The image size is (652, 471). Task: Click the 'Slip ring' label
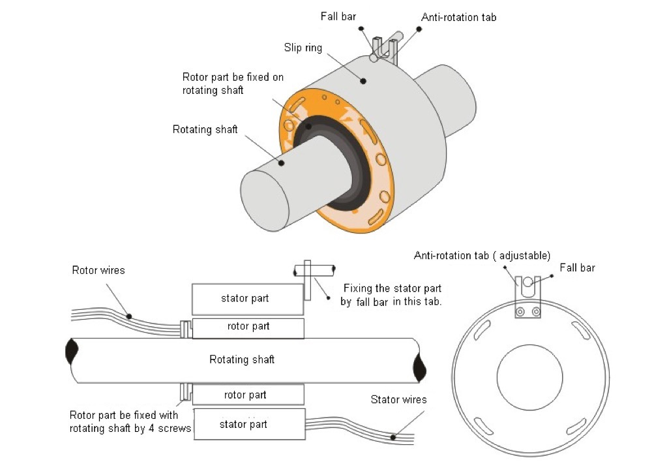[x=303, y=48]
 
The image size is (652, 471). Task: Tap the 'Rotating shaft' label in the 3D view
[x=205, y=129]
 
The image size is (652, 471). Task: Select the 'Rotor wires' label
[x=98, y=270]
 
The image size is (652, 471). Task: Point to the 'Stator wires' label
[x=398, y=399]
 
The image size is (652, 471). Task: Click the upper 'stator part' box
[x=248, y=299]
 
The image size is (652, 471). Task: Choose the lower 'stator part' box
[x=250, y=424]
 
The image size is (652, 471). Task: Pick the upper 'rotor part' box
[x=248, y=328]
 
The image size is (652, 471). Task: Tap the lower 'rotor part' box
[x=248, y=395]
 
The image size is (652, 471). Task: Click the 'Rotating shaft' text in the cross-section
[x=242, y=359]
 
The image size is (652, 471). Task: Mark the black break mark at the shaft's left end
[x=72, y=352]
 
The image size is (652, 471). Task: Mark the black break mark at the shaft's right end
[x=419, y=367]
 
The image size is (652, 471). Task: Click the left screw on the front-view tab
[x=520, y=312]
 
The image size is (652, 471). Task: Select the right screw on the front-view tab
[x=536, y=312]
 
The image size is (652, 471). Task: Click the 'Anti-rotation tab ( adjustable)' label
[x=482, y=256]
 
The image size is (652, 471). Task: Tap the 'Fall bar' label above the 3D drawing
[x=338, y=17]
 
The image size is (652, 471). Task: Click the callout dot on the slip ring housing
[x=363, y=81]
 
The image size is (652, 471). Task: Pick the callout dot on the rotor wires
[x=129, y=316]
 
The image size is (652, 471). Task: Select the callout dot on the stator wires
[x=393, y=437]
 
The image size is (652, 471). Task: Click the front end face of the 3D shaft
[x=265, y=201]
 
